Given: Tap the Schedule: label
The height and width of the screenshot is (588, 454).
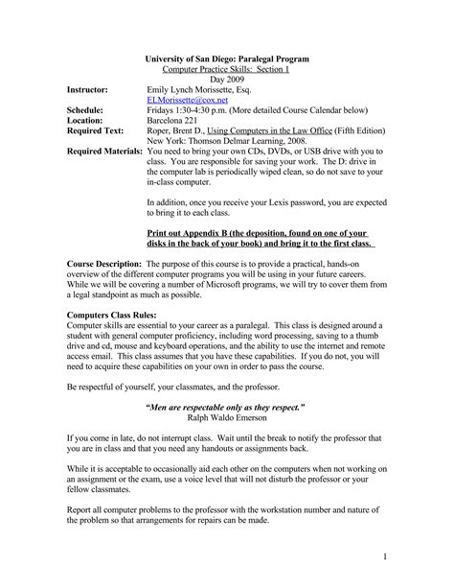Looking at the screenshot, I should [90, 111].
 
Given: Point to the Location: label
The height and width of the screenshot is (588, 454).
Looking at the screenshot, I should [90, 124].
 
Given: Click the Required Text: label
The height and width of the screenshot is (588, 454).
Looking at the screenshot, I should [102, 136].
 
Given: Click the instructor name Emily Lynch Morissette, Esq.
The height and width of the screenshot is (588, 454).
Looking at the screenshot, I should [205, 86].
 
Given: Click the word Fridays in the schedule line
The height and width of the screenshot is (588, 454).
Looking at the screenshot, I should [163, 111].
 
